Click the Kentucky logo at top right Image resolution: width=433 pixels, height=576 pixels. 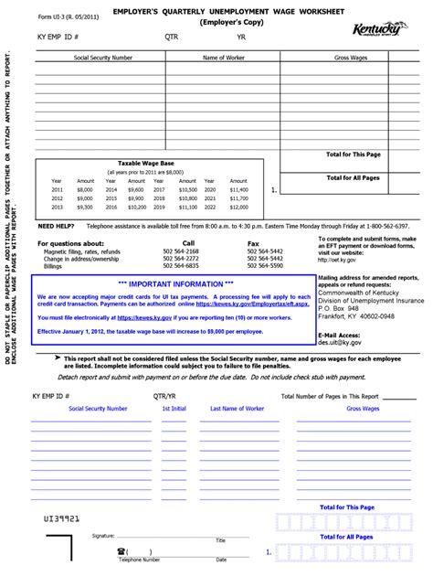point(377,31)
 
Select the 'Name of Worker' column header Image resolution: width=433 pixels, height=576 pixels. point(224,58)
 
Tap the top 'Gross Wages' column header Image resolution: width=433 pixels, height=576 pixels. point(350,58)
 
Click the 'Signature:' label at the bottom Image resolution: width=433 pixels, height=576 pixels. point(102,536)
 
